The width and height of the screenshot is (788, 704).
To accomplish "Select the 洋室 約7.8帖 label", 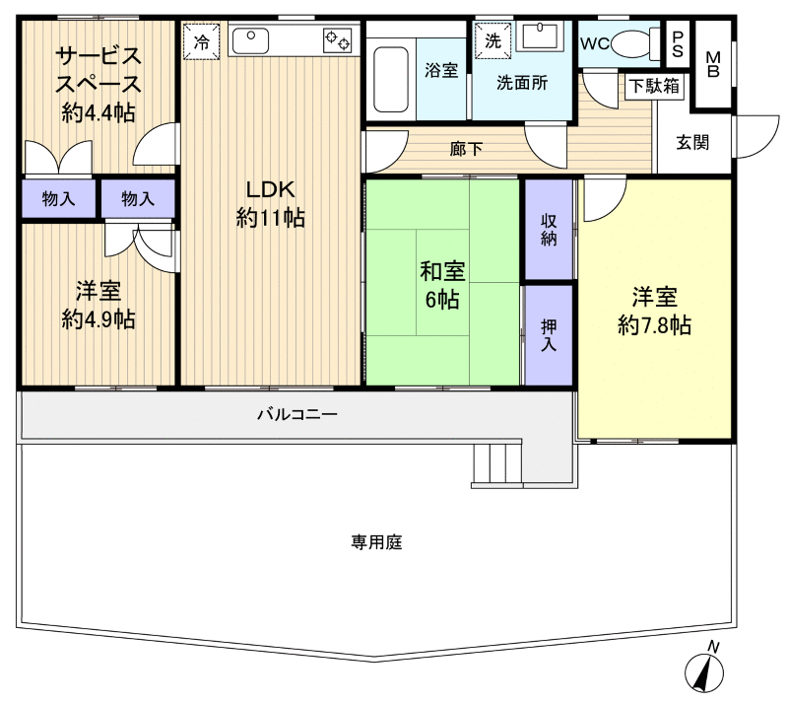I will [654, 311].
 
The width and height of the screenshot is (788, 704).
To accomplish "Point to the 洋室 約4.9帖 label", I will [98, 305].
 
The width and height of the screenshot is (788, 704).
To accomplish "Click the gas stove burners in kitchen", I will [337, 40].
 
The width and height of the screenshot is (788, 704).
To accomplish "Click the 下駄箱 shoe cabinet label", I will [654, 86].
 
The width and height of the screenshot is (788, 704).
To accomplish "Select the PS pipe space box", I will [679, 43].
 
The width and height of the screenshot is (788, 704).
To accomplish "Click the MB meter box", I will [713, 64].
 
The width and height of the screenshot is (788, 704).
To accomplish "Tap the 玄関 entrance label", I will [692, 142].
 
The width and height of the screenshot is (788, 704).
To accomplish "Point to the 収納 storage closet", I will [549, 230].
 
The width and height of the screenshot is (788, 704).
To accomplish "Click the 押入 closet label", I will [549, 334].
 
